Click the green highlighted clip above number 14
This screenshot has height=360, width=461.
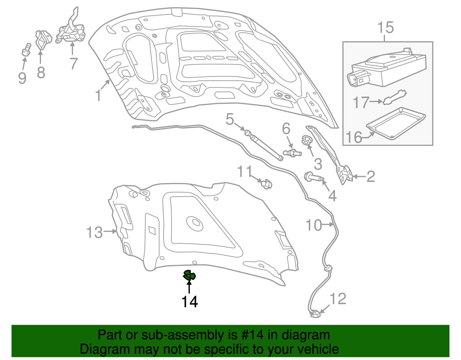pos(189,275)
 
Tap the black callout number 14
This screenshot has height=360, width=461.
pos(190,302)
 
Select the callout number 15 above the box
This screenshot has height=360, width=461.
pos(386,28)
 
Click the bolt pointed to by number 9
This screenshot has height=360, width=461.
pos(26,50)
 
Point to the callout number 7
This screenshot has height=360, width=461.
pos(73,63)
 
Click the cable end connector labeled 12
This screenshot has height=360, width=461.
pos(315,314)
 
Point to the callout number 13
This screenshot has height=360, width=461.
pos(95,232)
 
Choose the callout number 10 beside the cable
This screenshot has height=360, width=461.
pos(313,225)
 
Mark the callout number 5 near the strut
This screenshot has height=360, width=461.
pos(230,119)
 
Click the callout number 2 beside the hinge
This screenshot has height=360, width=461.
pos(371,176)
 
